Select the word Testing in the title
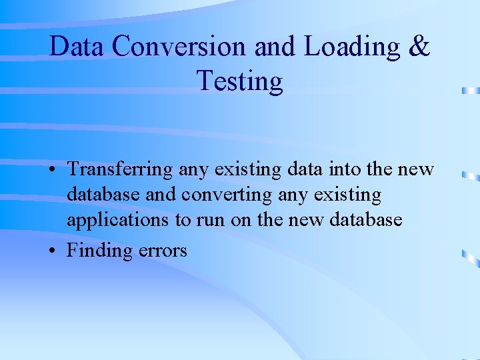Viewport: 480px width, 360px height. point(240,81)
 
